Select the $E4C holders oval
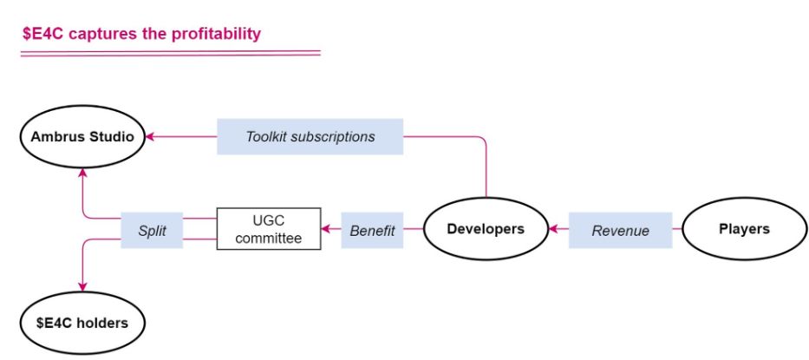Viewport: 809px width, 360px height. [82, 323]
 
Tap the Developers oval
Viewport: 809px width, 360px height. [486, 229]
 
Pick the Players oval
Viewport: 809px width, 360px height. [744, 229]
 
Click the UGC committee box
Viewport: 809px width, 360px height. [268, 229]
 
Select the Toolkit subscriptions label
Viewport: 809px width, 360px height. [310, 137]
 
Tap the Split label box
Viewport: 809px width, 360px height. [152, 230]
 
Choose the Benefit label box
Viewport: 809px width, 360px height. [372, 230]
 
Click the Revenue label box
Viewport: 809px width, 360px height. [620, 230]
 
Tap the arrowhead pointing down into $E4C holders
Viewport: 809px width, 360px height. [82, 287]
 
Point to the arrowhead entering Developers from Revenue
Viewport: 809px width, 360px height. [553, 230]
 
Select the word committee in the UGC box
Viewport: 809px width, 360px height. [268, 238]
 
